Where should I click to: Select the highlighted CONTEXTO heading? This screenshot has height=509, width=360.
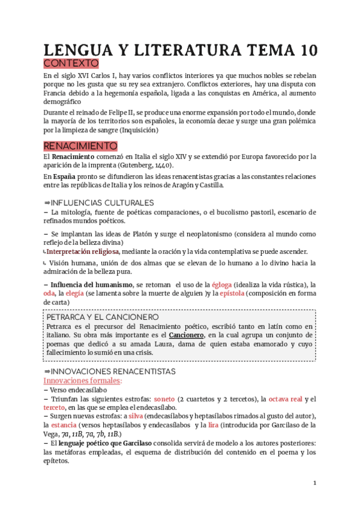(x=71, y=64)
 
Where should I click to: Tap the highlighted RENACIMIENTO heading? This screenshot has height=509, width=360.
(x=80, y=146)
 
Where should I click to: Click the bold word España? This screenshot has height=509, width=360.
(x=63, y=176)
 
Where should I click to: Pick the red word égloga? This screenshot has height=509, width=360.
(x=221, y=284)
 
